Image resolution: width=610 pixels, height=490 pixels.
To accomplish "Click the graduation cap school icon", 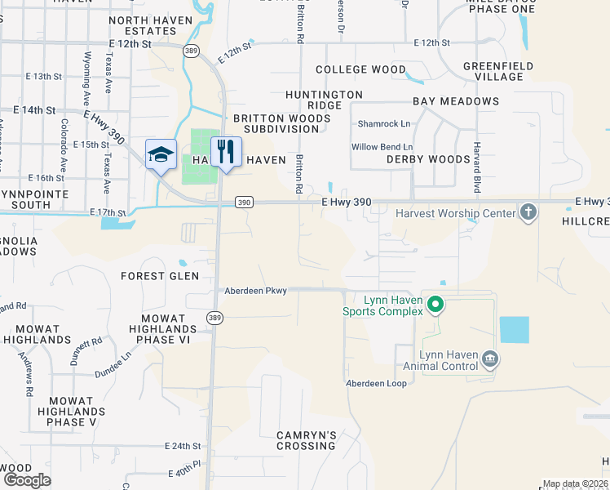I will [161, 154].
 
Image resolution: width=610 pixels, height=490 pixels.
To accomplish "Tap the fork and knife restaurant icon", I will [226, 151].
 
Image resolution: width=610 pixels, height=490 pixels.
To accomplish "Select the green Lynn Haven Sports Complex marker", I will [435, 305].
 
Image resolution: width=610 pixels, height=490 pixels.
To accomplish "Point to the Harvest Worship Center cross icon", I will [528, 213].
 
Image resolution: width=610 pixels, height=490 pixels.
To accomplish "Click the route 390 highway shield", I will [243, 202].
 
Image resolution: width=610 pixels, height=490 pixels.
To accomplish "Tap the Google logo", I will [27, 479].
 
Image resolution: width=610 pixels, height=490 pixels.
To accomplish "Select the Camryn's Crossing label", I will [306, 441].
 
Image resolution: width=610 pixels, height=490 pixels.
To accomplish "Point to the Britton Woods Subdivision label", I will [281, 123].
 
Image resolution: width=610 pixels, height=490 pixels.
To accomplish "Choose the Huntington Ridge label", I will [324, 100].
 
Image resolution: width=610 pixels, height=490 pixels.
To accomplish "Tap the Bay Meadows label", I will [455, 101].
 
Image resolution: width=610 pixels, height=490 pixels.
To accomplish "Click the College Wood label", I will [360, 70].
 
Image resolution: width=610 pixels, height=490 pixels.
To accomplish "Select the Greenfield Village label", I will [497, 71].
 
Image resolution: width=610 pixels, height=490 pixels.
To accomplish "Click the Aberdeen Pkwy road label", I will [256, 290].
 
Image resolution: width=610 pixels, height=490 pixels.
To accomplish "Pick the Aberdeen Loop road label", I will [376, 383].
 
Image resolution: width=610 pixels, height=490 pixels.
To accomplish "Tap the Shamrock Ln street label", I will [384, 124].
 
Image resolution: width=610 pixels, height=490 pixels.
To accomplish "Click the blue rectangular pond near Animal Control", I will [514, 329].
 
